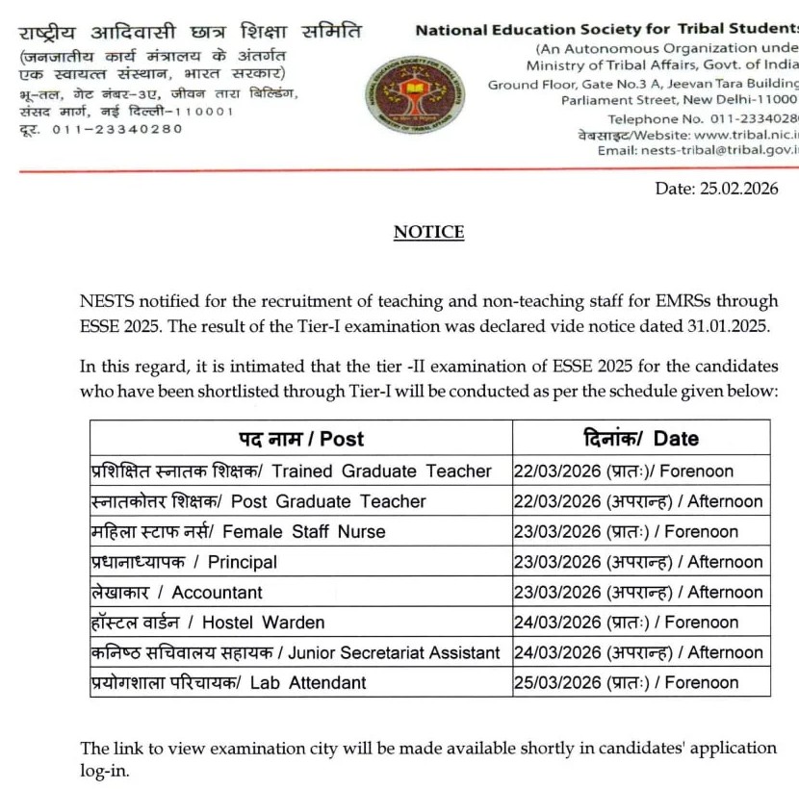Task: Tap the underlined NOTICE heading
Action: pyautogui.click(x=428, y=232)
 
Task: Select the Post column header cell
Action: pyautogui.click(x=301, y=439)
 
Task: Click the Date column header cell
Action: pyautogui.click(x=641, y=439)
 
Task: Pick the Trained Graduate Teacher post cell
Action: pyautogui.click(x=301, y=471)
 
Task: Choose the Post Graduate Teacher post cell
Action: pyautogui.click(x=301, y=501)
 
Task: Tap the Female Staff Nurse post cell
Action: pyautogui.click(x=301, y=531)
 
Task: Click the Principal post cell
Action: pyautogui.click(x=301, y=562)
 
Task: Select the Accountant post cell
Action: pyautogui.click(x=301, y=592)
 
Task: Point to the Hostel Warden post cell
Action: pyautogui.click(x=301, y=623)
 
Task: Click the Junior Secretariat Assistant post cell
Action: pyautogui.click(x=301, y=652)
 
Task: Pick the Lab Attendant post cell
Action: pyautogui.click(x=301, y=683)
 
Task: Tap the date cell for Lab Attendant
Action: pyautogui.click(x=641, y=683)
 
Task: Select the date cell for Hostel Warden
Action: pyautogui.click(x=641, y=623)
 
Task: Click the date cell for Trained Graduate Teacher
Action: pyautogui.click(x=641, y=471)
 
